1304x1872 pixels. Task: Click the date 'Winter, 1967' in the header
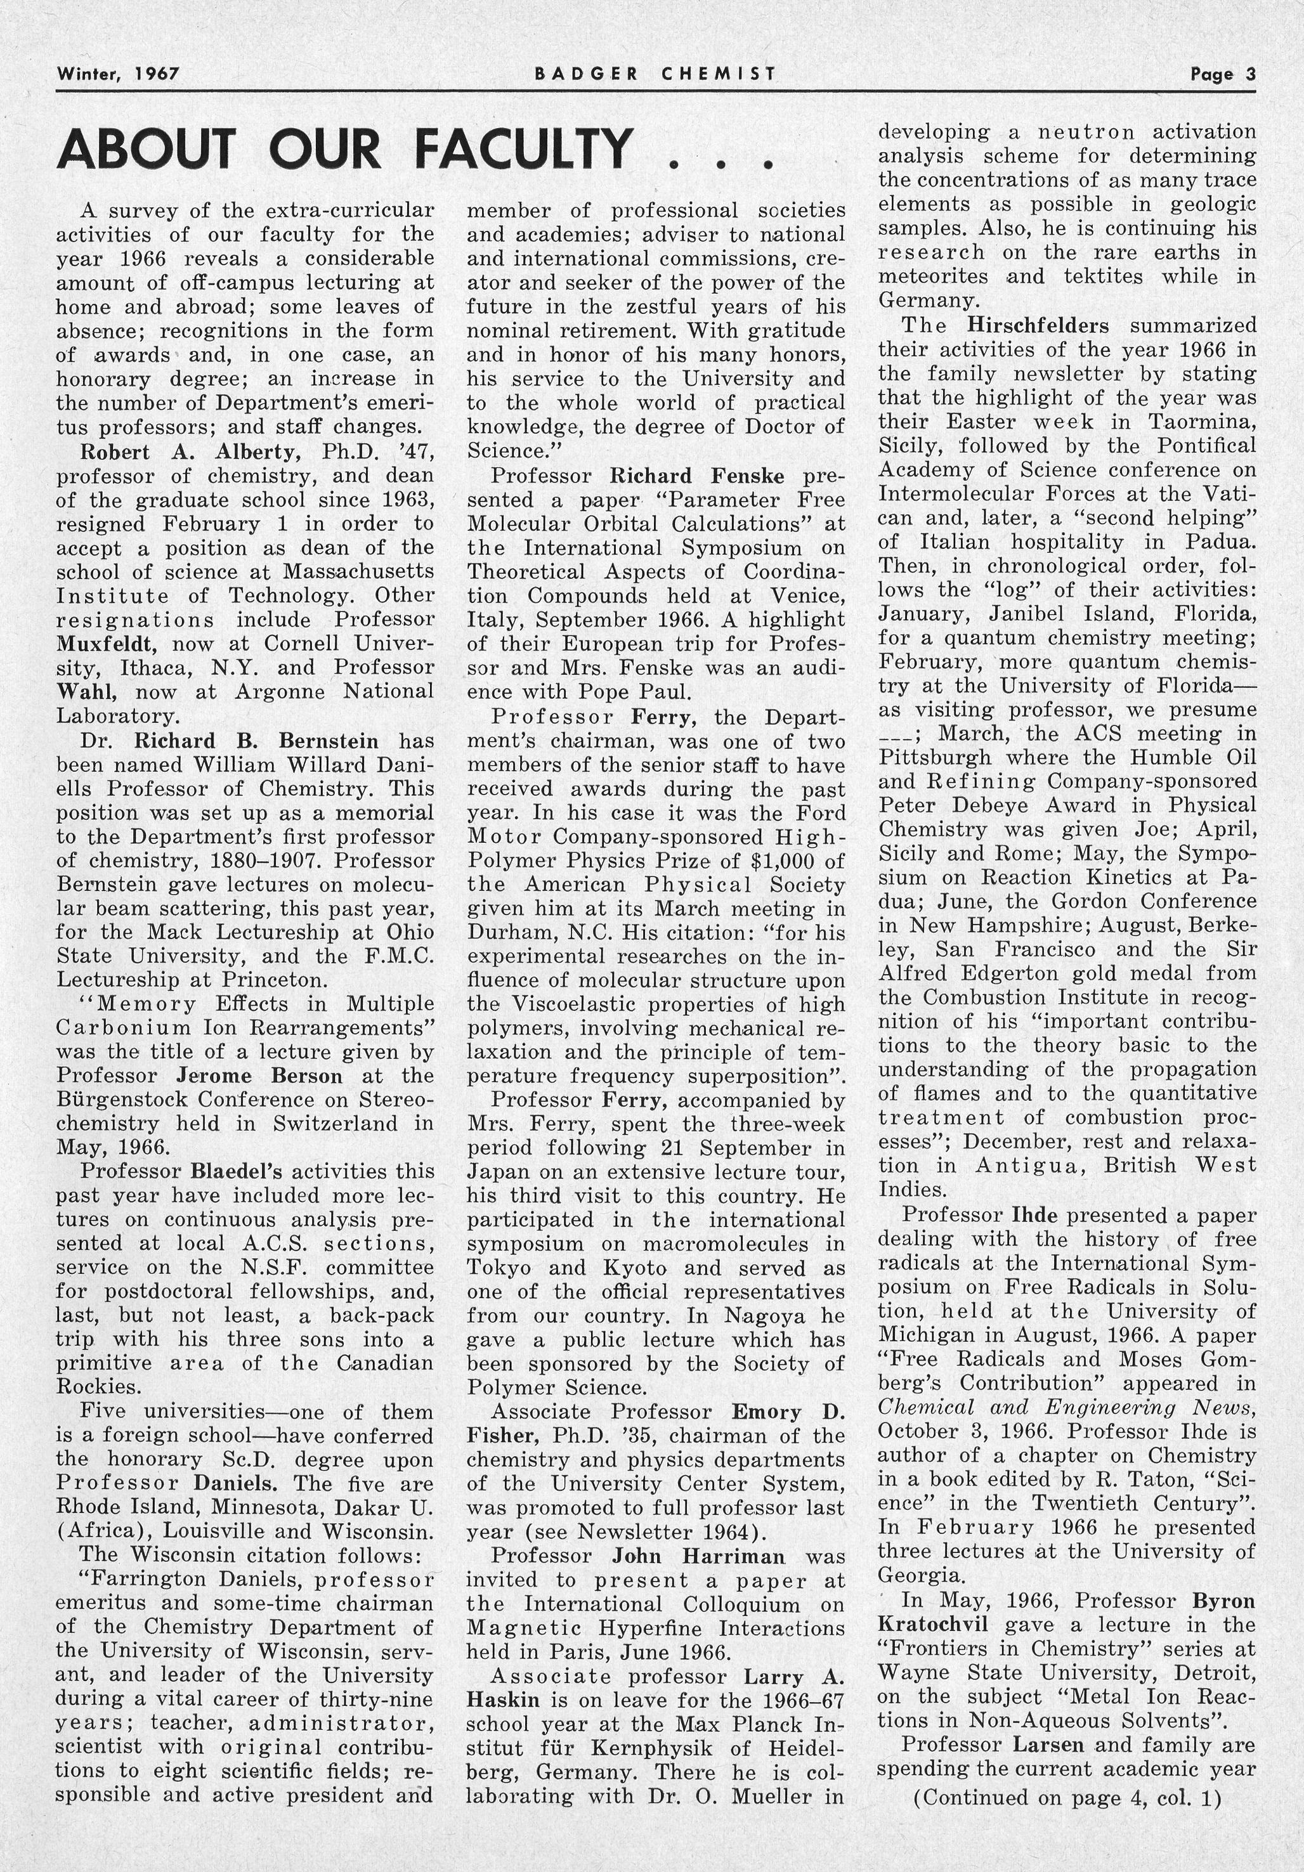[x=117, y=74]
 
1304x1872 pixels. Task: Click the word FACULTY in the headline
[x=523, y=149]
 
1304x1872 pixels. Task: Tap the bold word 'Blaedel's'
[x=236, y=1173]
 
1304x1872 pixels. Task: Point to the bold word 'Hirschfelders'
[x=1038, y=326]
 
